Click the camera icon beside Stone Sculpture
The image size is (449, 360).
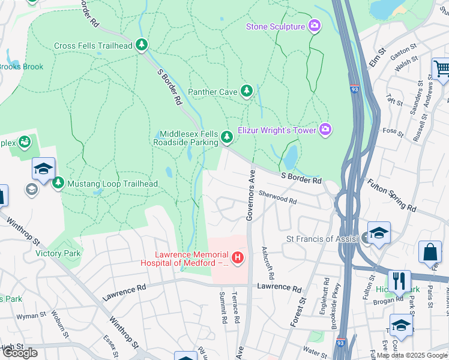(314, 26)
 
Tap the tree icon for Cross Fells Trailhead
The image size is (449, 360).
(142, 45)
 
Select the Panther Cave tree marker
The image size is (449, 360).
(246, 91)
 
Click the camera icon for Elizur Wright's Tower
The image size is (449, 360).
(325, 129)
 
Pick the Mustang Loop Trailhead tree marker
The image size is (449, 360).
(58, 183)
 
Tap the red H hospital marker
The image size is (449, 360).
(238, 258)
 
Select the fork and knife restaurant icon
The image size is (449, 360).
(399, 280)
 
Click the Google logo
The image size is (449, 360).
(20, 353)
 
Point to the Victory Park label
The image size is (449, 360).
(57, 254)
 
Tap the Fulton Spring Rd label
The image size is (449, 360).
(391, 196)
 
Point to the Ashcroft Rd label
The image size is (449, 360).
(267, 265)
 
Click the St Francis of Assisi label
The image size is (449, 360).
(323, 239)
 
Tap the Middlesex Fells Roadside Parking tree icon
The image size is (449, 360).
(226, 138)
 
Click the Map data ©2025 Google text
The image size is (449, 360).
(412, 355)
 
